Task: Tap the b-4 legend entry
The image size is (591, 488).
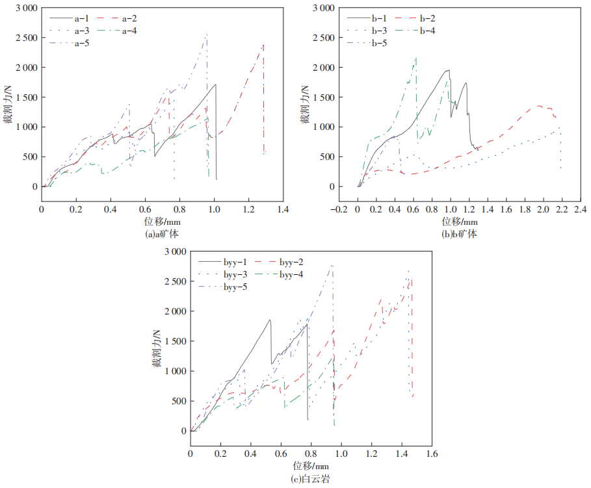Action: tap(425, 31)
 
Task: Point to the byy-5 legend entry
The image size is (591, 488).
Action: tap(235, 287)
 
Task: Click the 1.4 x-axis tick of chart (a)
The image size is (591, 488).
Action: tap(282, 211)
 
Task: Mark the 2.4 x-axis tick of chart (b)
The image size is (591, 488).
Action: tap(579, 211)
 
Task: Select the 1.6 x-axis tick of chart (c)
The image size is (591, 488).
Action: tap(431, 455)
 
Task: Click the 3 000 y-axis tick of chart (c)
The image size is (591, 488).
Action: tap(174, 251)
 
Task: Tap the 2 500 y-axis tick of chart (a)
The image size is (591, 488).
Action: tap(25, 38)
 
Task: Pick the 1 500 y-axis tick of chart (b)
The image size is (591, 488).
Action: tap(322, 97)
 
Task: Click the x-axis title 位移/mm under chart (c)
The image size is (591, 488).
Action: tap(310, 466)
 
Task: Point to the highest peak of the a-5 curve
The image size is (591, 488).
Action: tap(207, 34)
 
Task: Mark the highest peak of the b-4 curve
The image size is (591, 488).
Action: tap(415, 57)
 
